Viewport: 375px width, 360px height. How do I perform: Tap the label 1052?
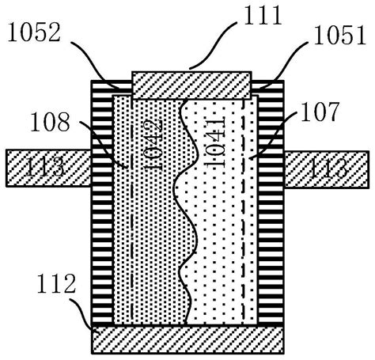pos(35,32)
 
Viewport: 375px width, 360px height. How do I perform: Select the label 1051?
pos(340,35)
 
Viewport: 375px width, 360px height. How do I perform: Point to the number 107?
pos(320,112)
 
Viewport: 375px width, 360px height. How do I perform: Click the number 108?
pos(51,122)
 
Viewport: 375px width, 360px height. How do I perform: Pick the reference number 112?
pos(56,283)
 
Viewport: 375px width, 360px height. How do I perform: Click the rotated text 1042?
pos(153,144)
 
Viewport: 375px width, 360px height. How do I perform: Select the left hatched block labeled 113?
pos(49,168)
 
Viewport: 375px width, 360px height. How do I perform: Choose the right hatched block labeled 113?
pos(326,169)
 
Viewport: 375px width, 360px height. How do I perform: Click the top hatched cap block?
pos(191,85)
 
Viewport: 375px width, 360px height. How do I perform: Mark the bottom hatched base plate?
pos(187,339)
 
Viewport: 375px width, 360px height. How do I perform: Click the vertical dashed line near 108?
pos(131,211)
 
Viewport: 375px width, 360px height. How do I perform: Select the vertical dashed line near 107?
pos(243,211)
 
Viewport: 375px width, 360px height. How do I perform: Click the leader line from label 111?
pos(212,45)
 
